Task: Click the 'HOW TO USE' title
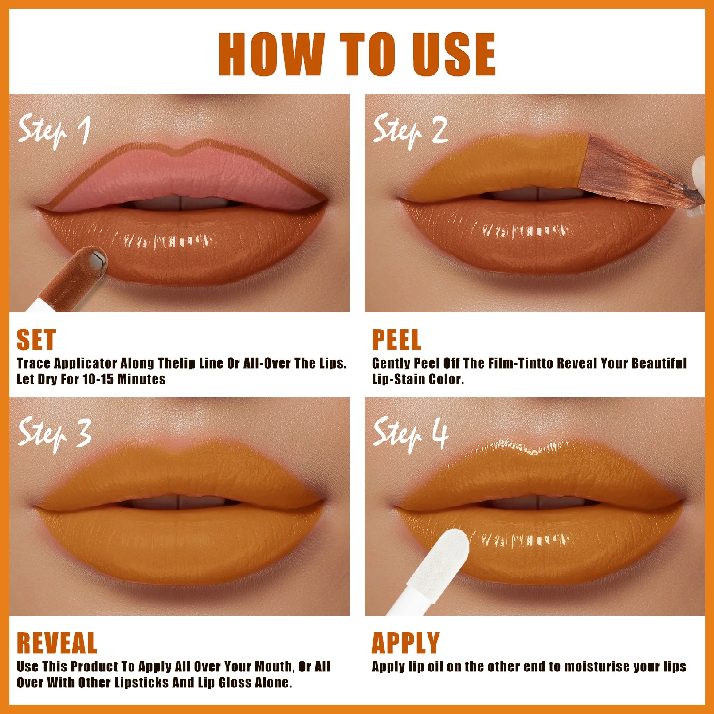[x=357, y=54]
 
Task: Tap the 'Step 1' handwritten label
[x=54, y=131]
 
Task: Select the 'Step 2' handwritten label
[x=410, y=131]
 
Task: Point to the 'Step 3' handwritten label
[x=55, y=434]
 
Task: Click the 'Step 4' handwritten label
[x=411, y=434]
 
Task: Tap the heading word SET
[x=36, y=340]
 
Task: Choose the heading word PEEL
[x=396, y=340]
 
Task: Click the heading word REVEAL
[x=57, y=643]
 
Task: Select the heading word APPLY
[x=406, y=643]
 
